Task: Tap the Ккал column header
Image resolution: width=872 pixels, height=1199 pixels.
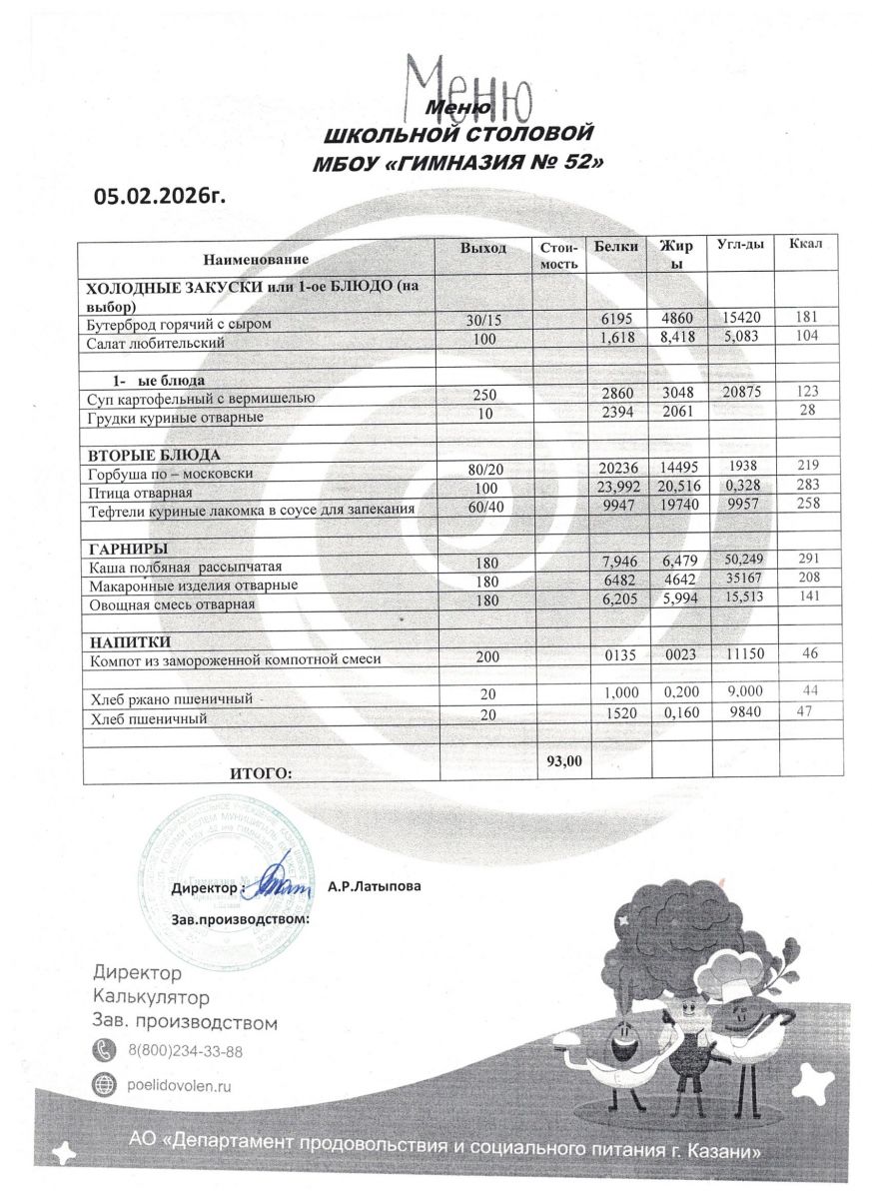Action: pos(805,245)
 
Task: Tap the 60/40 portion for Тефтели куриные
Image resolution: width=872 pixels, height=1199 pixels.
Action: pos(486,510)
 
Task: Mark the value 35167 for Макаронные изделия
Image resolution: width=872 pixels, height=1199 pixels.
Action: pos(741,584)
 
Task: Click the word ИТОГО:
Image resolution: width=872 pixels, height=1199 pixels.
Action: pos(261,772)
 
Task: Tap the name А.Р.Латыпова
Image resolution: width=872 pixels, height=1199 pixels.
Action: pos(368,885)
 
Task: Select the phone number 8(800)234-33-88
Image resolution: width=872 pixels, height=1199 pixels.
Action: pos(186,1050)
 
